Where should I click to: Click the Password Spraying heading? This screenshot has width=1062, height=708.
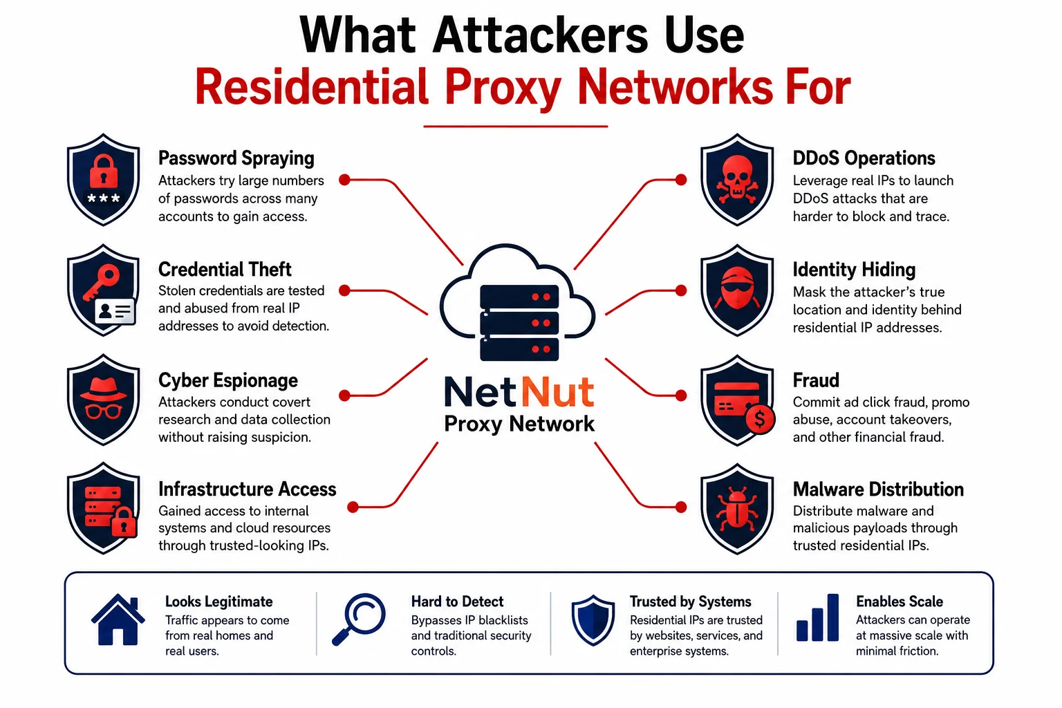point(236,158)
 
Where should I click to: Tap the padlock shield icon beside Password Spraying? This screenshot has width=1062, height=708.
point(103,180)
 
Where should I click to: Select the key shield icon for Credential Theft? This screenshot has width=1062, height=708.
point(103,290)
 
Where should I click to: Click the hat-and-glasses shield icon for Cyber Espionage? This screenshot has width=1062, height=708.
point(103,400)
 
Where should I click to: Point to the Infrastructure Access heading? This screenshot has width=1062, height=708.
point(247,489)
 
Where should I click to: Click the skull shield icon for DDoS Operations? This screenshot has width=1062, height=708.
point(737,180)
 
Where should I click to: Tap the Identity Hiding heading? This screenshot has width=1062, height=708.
point(854,270)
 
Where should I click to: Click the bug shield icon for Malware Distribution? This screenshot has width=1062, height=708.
point(737,510)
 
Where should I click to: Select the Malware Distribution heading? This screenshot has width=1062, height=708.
point(878,489)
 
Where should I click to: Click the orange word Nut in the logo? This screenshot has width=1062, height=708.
point(557,392)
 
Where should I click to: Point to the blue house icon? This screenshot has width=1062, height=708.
point(118,619)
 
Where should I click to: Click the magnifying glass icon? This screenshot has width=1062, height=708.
point(359,619)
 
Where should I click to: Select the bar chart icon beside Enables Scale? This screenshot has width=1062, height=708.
point(817,617)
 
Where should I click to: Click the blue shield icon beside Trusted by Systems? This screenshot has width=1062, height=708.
point(593,620)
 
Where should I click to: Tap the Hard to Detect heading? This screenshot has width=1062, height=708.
point(457,602)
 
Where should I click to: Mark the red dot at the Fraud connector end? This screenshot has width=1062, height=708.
point(681,395)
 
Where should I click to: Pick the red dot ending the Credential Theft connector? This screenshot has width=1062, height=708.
point(345,290)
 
